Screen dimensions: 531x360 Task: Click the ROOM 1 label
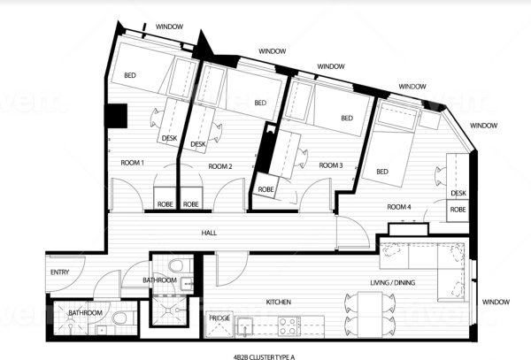point(132,163)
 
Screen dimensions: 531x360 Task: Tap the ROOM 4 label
point(399,207)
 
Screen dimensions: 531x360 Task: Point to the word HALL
point(209,233)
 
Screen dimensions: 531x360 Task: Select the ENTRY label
point(59,272)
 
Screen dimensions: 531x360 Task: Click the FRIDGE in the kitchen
point(219,325)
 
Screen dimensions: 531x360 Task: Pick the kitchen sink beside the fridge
point(244,327)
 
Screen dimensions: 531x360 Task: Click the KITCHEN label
point(279,302)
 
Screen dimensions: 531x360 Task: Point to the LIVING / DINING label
point(392,282)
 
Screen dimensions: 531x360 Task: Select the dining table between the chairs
point(370,315)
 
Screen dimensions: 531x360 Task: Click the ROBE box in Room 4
point(458,211)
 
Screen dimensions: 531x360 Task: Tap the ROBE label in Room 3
point(265,189)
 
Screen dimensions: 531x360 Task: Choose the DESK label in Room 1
point(169,138)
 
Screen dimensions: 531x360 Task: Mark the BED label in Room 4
point(382,172)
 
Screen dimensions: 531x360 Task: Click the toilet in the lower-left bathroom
point(120,318)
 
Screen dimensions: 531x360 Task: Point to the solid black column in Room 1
point(117,116)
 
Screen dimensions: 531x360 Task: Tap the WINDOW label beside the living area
point(496,302)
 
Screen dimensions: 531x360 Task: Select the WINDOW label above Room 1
point(169,27)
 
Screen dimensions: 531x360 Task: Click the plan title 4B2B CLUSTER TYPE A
point(264,356)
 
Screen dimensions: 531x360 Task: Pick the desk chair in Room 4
point(441,176)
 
